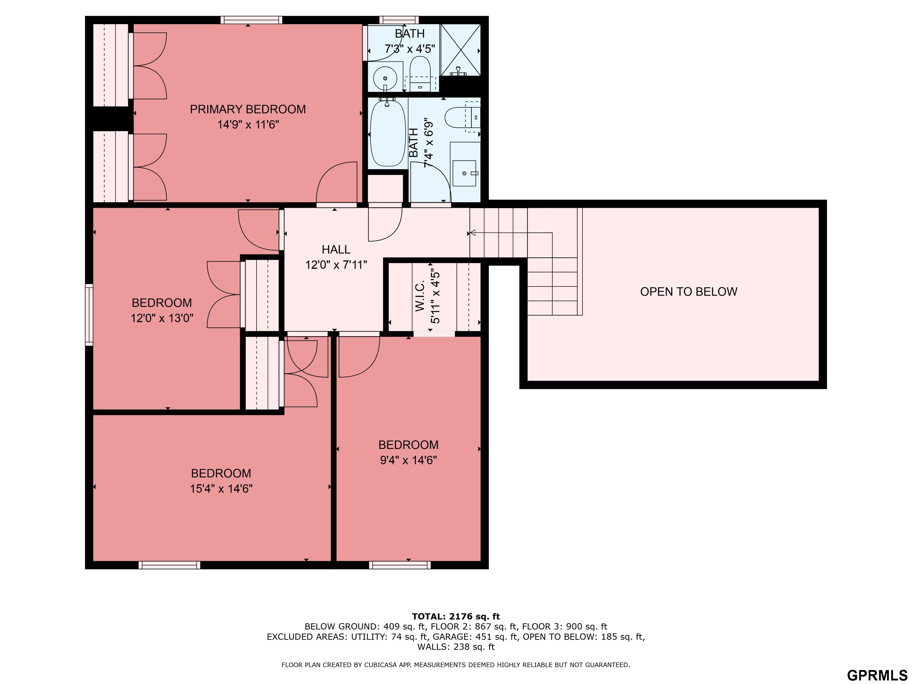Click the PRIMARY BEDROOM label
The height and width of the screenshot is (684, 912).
(248, 109)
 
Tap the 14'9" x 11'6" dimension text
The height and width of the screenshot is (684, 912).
(248, 124)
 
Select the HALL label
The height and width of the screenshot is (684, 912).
(336, 249)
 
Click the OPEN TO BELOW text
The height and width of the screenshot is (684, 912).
(688, 292)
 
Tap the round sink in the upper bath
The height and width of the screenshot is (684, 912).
(385, 78)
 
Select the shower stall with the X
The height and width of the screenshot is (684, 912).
(460, 50)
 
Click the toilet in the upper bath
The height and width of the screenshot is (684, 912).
(420, 74)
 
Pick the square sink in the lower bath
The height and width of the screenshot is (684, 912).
(464, 173)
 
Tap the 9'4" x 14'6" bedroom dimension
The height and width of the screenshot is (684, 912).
(408, 460)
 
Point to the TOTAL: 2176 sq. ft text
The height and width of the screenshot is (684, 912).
(456, 616)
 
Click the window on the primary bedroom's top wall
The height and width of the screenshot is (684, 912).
(251, 20)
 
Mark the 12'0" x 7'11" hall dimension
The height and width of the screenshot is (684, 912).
(336, 265)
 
